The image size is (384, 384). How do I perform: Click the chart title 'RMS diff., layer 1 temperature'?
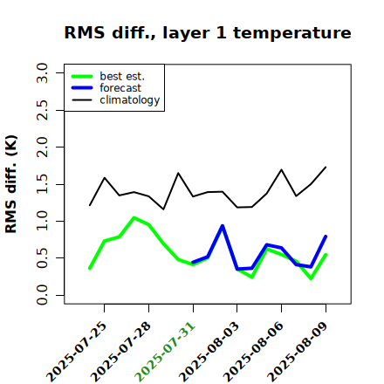pyautogui.click(x=208, y=33)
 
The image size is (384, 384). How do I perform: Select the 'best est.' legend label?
pyautogui.click(x=122, y=76)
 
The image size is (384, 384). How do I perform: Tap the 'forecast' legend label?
pyautogui.click(x=120, y=88)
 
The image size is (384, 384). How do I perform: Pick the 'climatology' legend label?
pyautogui.click(x=130, y=100)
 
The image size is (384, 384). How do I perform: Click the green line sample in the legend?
pyautogui.click(x=82, y=76)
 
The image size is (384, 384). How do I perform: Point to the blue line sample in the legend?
pyautogui.click(x=82, y=88)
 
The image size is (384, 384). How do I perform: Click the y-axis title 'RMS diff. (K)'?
pyautogui.click(x=11, y=184)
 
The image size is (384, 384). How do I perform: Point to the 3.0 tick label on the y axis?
pyautogui.click(x=42, y=72)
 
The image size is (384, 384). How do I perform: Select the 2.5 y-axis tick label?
pyautogui.click(x=42, y=110)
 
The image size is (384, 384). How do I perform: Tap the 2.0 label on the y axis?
pyautogui.click(x=42, y=147)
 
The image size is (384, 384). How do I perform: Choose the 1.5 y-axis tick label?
pyautogui.click(x=42, y=184)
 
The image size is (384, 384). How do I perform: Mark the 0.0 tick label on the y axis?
pyautogui.click(x=42, y=295)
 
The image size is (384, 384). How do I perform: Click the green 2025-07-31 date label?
pyautogui.click(x=165, y=352)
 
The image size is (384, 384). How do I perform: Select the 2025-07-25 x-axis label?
pyautogui.click(x=76, y=352)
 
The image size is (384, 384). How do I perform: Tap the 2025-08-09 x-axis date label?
pyautogui.click(x=298, y=352)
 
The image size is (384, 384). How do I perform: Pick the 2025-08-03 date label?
pyautogui.click(x=209, y=352)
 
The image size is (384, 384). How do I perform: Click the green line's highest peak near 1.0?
pyautogui.click(x=134, y=217)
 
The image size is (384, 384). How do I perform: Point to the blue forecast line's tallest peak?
pyautogui.click(x=223, y=226)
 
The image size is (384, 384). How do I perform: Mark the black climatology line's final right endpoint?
pyautogui.click(x=326, y=167)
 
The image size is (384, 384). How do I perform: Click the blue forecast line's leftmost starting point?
pyautogui.click(x=193, y=263)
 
